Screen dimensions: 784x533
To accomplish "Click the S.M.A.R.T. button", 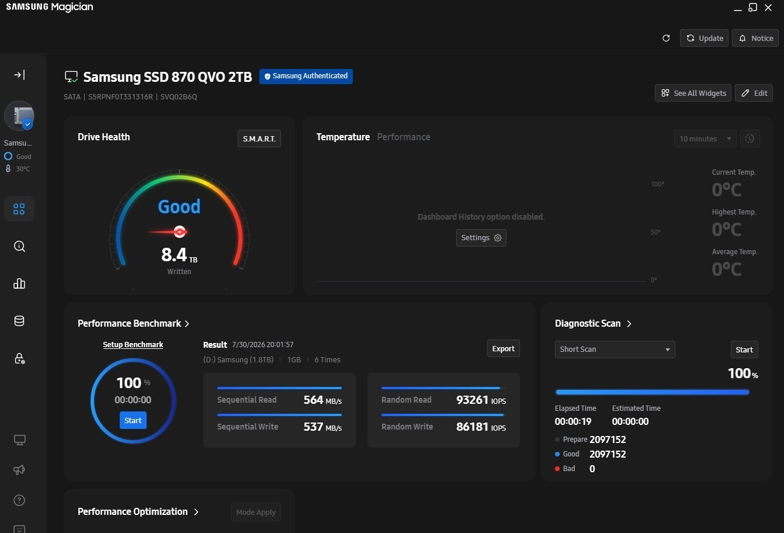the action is click(259, 139).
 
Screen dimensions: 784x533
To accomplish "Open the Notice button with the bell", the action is click(755, 38).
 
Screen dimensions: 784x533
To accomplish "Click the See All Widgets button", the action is click(693, 93).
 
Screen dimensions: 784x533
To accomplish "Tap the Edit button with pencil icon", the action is click(754, 93).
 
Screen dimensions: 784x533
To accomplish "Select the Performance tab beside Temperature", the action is click(404, 137).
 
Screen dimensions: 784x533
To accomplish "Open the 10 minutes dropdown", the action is click(705, 139).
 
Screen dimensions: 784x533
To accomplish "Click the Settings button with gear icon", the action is click(481, 238).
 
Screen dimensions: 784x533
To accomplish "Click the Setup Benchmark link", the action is click(133, 345).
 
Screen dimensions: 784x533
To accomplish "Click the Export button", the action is click(504, 348).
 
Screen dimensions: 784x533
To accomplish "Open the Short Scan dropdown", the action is click(615, 349).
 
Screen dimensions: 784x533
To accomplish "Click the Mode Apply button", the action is click(255, 512).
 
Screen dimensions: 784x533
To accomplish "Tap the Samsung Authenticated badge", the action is click(306, 77).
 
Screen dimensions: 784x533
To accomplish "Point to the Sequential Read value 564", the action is click(313, 400).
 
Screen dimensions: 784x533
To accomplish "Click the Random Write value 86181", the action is click(472, 427).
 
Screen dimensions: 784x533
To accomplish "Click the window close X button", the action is click(768, 8).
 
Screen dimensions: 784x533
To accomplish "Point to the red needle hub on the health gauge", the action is click(179, 231).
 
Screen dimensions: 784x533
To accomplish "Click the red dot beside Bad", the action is click(557, 469).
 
